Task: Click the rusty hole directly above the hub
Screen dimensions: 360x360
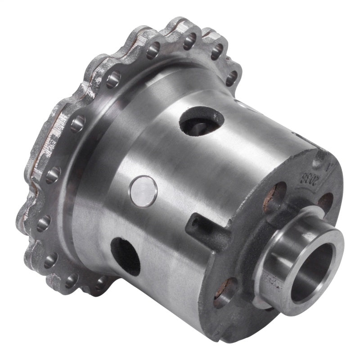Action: coord(274,198)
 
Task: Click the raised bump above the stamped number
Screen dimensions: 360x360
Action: coord(320,155)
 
